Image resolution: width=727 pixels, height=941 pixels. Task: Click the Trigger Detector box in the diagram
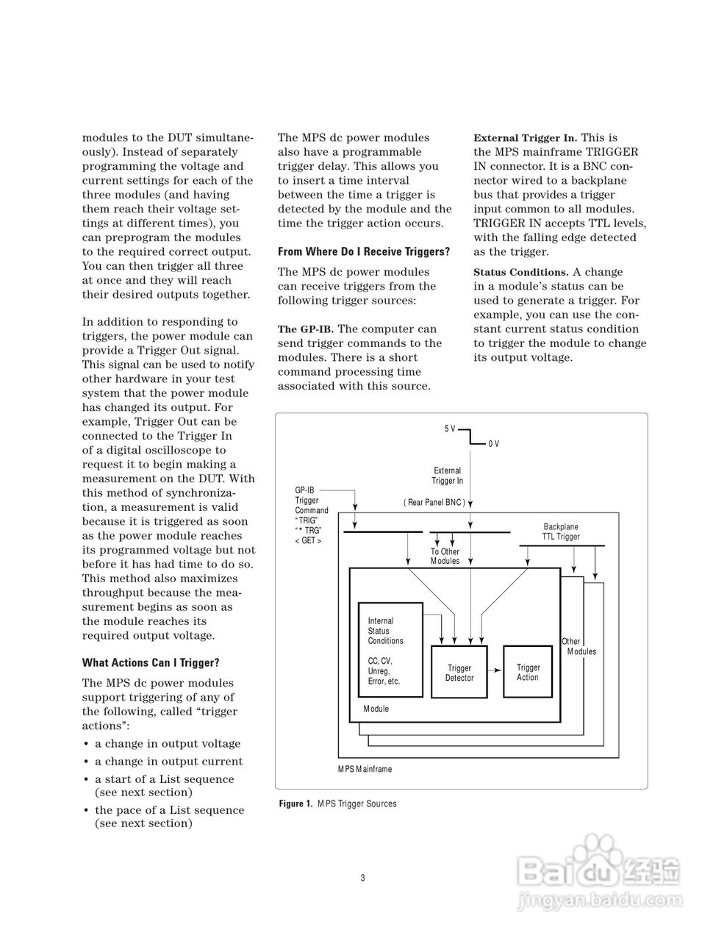(459, 673)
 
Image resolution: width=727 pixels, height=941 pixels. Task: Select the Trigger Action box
(528, 672)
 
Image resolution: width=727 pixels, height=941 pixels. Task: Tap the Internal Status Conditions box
(390, 650)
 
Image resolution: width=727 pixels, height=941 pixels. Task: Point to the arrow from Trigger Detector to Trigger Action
(495, 670)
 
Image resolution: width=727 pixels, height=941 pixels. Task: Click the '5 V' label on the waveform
(450, 429)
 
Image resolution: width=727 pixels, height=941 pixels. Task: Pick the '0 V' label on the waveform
(493, 443)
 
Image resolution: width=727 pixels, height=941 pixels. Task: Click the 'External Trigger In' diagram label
(447, 476)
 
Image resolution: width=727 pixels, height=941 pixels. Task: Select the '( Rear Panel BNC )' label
(434, 502)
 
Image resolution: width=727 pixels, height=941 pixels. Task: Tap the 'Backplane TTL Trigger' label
(561, 532)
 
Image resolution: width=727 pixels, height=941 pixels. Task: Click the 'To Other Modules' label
(445, 556)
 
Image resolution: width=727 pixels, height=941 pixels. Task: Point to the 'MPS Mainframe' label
(365, 769)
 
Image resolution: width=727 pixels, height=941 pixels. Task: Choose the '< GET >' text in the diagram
(308, 540)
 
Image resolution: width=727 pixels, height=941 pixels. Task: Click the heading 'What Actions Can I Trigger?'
(151, 662)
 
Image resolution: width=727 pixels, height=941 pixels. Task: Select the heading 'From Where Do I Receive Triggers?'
(364, 251)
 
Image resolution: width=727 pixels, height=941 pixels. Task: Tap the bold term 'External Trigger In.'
(525, 137)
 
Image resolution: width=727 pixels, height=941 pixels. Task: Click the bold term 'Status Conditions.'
(520, 272)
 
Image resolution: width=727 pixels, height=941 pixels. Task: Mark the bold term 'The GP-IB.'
(305, 329)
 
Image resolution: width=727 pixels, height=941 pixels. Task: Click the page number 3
(363, 878)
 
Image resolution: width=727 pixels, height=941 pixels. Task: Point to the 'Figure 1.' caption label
(296, 804)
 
